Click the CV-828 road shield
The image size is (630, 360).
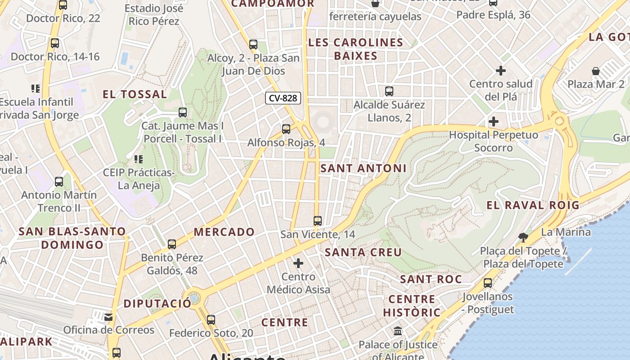[283, 98]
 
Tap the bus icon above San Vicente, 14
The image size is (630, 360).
[318, 220]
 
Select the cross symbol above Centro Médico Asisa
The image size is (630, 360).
[298, 263]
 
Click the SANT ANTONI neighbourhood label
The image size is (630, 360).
[363, 168]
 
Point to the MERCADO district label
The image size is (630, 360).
[224, 232]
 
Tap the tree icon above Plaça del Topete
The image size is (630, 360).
[523, 237]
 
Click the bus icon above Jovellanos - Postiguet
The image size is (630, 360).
[488, 283]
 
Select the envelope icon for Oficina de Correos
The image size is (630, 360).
[108, 317]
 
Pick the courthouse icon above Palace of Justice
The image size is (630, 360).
[398, 331]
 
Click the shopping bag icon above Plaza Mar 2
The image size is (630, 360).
[596, 71]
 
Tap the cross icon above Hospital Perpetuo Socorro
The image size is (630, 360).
[494, 121]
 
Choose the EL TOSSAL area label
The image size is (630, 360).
[135, 94]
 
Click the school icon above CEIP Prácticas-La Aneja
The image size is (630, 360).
[139, 159]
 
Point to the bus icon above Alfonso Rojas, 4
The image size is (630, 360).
[286, 129]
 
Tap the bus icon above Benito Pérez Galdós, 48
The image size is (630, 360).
[172, 244]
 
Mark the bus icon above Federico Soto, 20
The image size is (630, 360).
[211, 320]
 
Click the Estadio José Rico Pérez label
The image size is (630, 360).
[154, 15]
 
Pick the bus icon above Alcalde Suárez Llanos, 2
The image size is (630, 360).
[389, 91]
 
